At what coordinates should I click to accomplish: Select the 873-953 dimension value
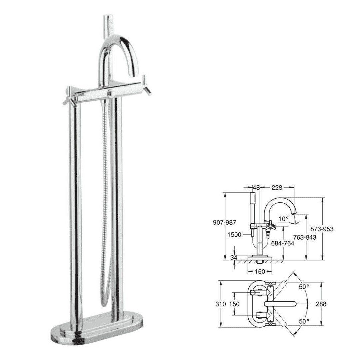321,229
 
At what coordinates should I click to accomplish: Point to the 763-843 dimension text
305,237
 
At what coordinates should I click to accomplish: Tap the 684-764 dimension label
283,243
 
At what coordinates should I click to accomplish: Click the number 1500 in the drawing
235,235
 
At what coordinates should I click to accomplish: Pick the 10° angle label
283,219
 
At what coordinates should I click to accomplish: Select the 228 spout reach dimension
277,188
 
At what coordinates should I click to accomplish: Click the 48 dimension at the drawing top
256,188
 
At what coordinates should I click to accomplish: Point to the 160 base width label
260,272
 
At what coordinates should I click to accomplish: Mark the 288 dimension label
321,304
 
